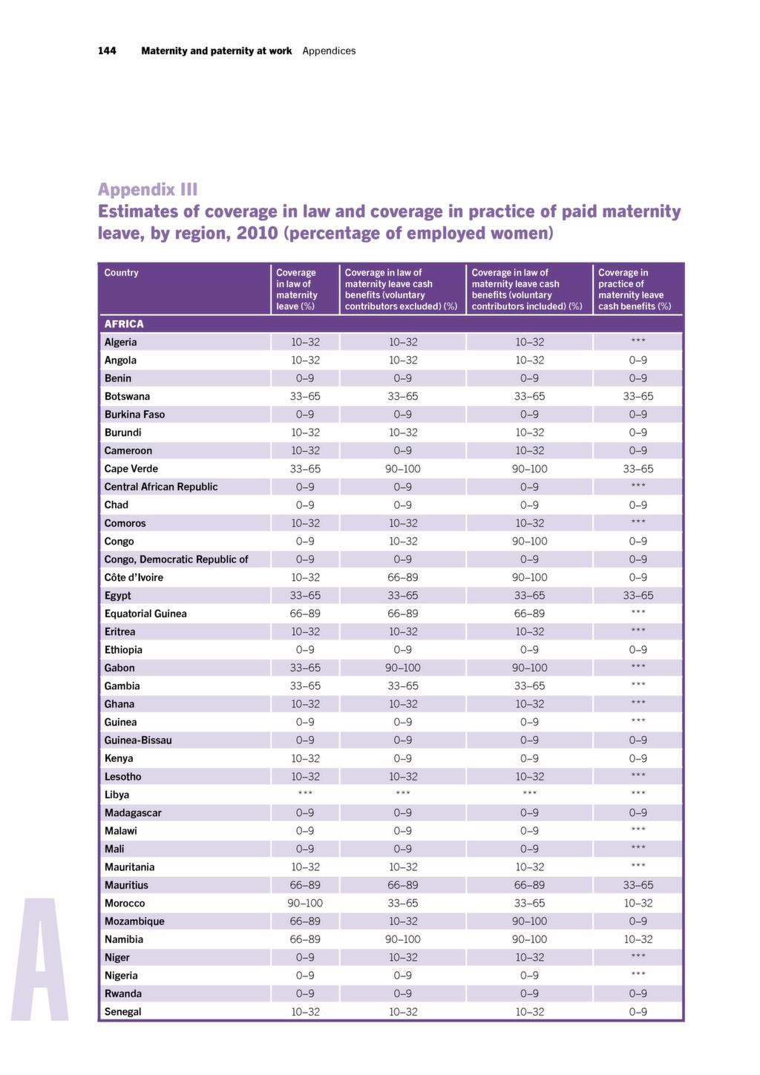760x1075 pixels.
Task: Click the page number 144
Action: (107, 51)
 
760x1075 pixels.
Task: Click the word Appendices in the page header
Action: (329, 51)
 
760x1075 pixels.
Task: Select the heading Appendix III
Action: (148, 190)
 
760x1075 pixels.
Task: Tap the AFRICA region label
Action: (124, 324)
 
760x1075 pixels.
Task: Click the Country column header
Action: (121, 272)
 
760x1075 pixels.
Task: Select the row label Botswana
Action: (127, 396)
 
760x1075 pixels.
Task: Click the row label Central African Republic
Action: (161, 487)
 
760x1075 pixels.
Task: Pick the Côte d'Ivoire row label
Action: (134, 577)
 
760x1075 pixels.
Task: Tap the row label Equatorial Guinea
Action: (145, 614)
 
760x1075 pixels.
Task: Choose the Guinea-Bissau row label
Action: (138, 740)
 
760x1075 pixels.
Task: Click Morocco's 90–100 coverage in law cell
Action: (305, 903)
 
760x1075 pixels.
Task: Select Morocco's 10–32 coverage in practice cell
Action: (638, 903)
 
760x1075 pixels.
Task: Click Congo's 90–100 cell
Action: (530, 542)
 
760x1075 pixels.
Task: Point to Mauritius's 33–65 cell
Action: (638, 885)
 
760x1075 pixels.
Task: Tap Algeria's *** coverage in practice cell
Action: (638, 341)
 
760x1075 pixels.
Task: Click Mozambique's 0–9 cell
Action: (638, 921)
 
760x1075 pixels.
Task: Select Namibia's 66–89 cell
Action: (305, 939)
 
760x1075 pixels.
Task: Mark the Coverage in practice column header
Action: (635, 289)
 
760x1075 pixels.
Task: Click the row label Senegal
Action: (123, 1012)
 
